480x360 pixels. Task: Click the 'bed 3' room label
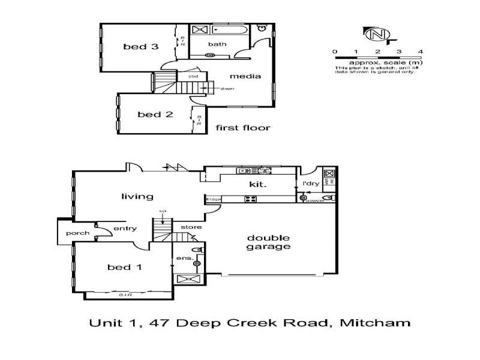tap(141, 47)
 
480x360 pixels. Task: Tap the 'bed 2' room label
tap(151, 114)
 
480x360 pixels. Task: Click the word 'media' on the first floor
tap(245, 76)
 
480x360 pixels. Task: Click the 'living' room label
tap(137, 196)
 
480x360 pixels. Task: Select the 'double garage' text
tap(269, 242)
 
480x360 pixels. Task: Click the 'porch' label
tap(79, 233)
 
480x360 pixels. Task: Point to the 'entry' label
tap(125, 228)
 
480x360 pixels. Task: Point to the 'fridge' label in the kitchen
tap(214, 199)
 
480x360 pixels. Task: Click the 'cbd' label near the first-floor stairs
tap(194, 77)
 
